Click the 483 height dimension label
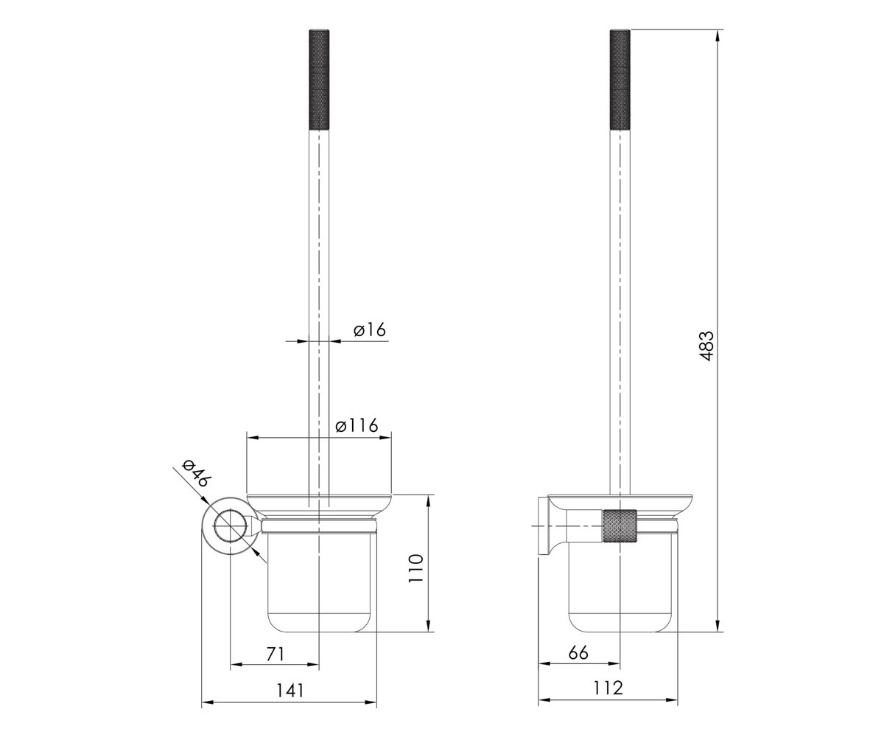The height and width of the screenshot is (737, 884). pyautogui.click(x=706, y=346)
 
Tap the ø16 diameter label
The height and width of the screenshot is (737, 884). pyautogui.click(x=370, y=329)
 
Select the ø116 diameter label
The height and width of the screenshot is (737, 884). pyautogui.click(x=357, y=425)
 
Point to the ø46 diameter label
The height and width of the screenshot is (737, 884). pyautogui.click(x=196, y=474)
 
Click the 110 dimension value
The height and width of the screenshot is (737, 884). pyautogui.click(x=415, y=568)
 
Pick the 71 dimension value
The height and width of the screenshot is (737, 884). pyautogui.click(x=276, y=654)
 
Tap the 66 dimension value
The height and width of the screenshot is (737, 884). pyautogui.click(x=578, y=653)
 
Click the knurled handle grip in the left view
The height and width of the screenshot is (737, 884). pyautogui.click(x=319, y=79)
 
